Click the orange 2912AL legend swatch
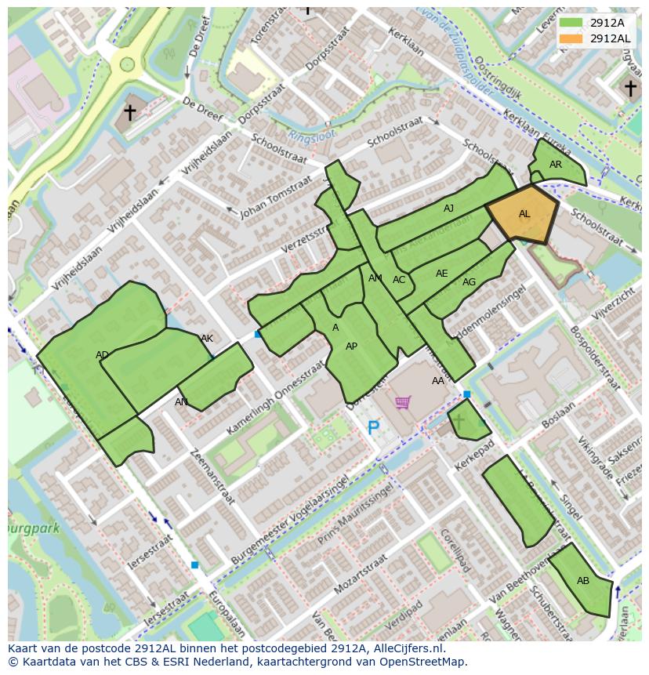[x=571, y=38]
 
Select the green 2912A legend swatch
[x=571, y=23]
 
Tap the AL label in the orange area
[x=524, y=214]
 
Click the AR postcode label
[x=556, y=165]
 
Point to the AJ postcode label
[x=448, y=209]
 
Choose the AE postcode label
[x=442, y=274]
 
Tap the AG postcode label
[x=469, y=282]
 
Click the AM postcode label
[x=375, y=278]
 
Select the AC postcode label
[x=399, y=280]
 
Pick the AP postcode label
[x=351, y=347]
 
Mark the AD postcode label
[x=102, y=355]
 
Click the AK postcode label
[x=207, y=339]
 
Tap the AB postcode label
[x=583, y=581]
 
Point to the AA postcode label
[x=438, y=381]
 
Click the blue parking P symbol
[x=374, y=428]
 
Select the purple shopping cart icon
[x=403, y=403]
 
